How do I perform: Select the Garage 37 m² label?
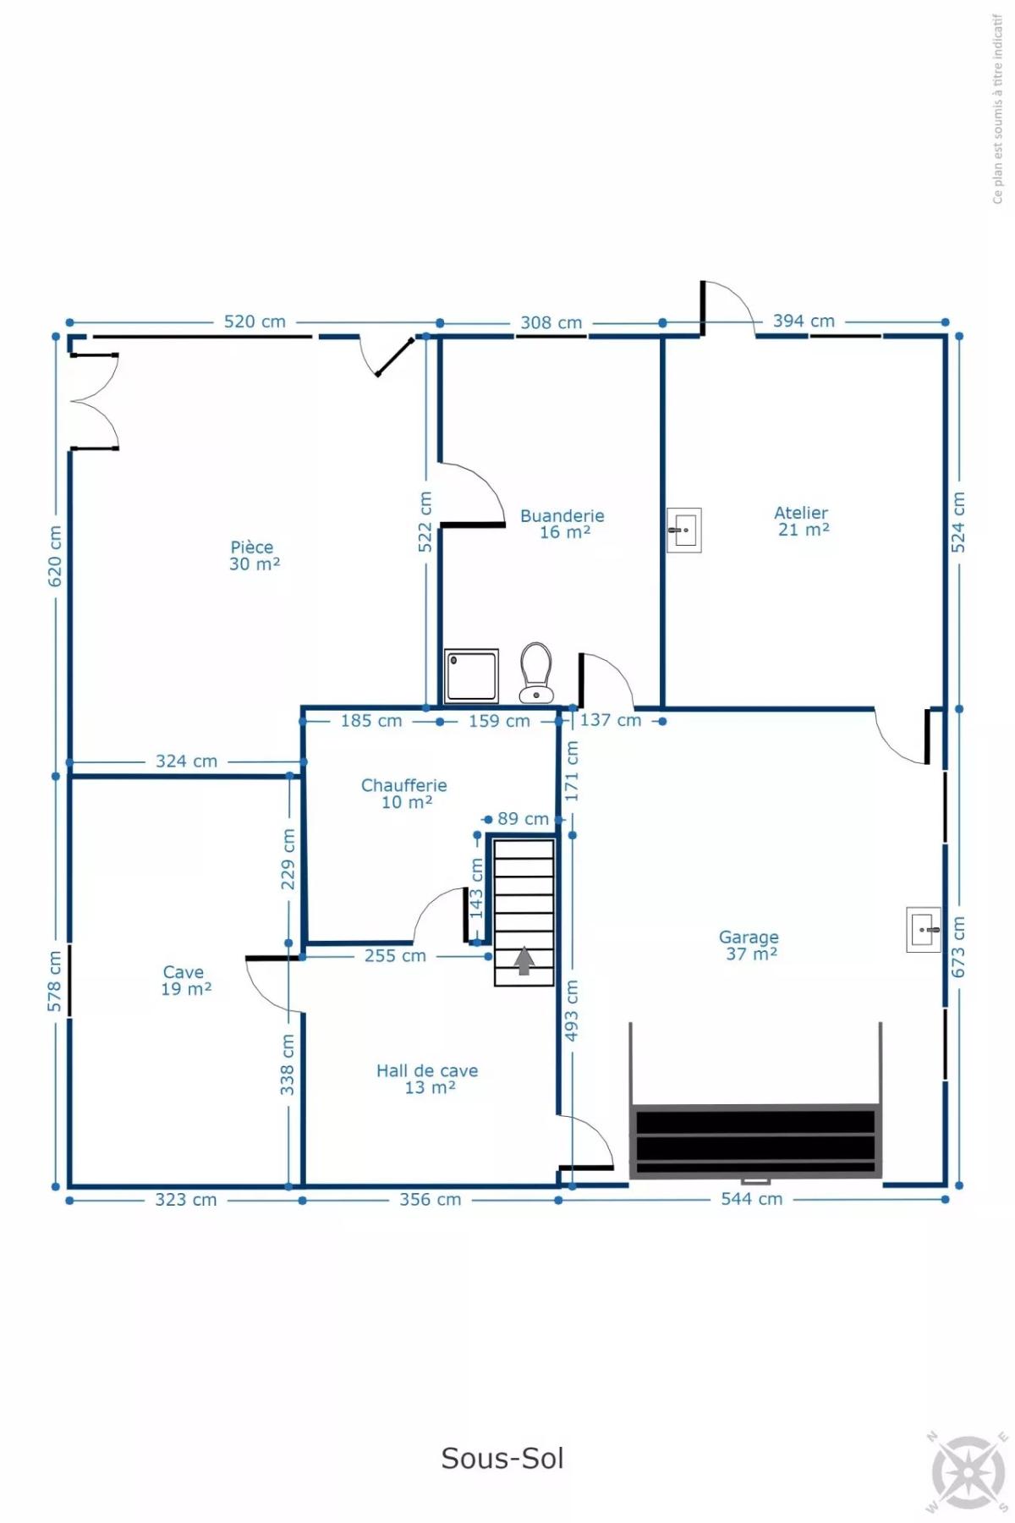tap(749, 945)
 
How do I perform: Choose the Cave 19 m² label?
tap(185, 981)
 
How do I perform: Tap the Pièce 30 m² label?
tap(254, 556)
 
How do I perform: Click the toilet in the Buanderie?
tap(536, 673)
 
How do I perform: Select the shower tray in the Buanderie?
tap(471, 675)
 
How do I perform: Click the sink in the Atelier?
tap(684, 531)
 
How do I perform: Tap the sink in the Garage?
tap(924, 929)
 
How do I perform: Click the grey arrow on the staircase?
tap(524, 960)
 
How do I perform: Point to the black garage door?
tap(755, 1141)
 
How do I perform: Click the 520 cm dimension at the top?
tap(255, 322)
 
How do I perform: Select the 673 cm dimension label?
tap(958, 947)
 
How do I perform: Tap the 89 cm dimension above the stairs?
tap(523, 818)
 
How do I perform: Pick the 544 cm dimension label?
tap(751, 1198)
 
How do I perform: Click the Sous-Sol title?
tap(502, 1458)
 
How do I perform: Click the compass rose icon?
tap(969, 1473)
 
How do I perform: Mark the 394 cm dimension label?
tap(804, 321)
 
